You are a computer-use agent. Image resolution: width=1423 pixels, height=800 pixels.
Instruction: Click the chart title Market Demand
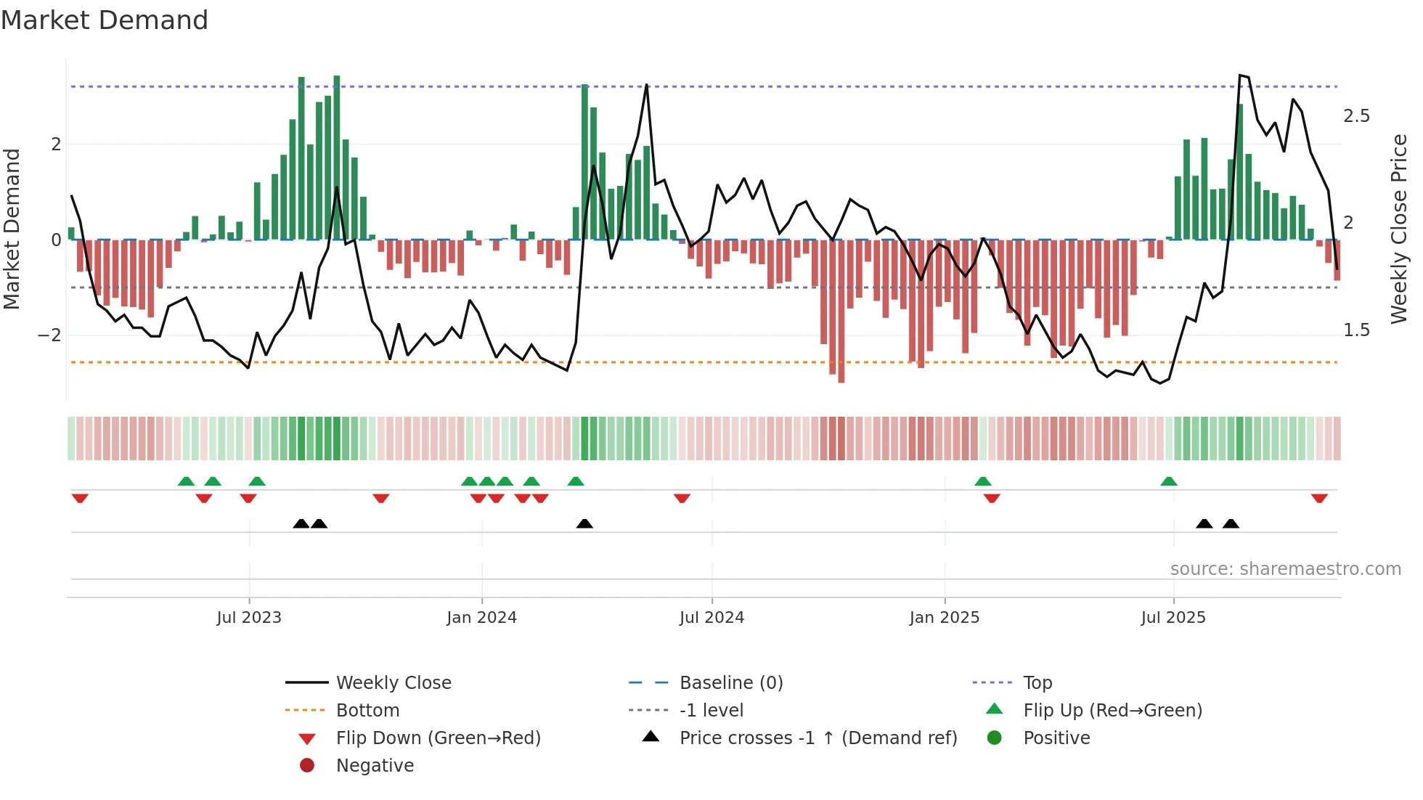point(105,20)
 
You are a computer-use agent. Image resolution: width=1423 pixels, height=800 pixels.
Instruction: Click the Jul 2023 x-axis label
point(248,618)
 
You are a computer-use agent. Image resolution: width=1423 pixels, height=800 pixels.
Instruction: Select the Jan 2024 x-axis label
point(481,618)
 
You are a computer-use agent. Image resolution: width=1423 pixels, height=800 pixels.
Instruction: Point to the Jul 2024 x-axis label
point(711,618)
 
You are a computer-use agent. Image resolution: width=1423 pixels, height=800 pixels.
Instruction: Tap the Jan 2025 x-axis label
point(944,618)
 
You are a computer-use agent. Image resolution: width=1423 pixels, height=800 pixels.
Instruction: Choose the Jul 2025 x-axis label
point(1173,618)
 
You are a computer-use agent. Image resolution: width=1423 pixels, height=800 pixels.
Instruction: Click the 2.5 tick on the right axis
point(1356,116)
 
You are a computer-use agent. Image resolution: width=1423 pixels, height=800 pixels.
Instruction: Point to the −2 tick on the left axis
point(49,335)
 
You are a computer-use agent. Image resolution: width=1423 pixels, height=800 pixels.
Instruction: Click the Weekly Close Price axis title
point(1398,229)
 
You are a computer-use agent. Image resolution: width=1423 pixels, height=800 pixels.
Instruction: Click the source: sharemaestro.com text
point(1285,569)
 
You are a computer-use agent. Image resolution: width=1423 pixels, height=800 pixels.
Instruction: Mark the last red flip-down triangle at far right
point(1319,498)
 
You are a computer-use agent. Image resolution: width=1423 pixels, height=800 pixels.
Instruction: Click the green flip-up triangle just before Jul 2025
point(1168,481)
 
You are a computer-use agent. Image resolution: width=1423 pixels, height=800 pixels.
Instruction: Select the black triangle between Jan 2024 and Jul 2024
point(584,523)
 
